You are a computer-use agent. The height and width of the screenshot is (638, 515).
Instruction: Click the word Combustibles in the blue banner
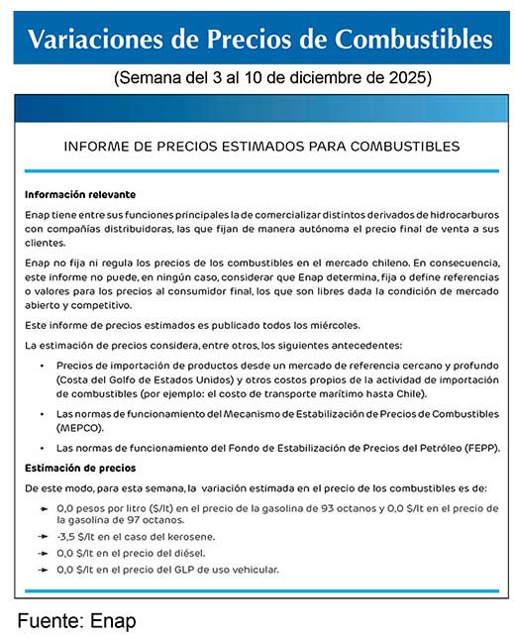click(x=412, y=39)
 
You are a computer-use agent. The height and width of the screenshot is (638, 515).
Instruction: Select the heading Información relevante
click(x=80, y=194)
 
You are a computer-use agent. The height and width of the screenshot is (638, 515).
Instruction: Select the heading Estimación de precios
click(x=81, y=467)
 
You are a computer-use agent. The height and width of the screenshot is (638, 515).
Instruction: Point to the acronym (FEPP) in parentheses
click(x=472, y=448)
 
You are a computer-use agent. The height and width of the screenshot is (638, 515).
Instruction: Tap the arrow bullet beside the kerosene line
click(x=44, y=536)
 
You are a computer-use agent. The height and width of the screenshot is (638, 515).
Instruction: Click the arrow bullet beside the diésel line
click(x=44, y=553)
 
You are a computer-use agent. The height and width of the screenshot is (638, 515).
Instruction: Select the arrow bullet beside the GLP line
click(x=44, y=570)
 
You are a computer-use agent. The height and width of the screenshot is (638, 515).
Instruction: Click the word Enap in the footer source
click(x=115, y=621)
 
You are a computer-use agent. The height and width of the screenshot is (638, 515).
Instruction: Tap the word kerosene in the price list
click(x=187, y=536)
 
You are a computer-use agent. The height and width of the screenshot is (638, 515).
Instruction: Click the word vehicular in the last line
click(x=252, y=570)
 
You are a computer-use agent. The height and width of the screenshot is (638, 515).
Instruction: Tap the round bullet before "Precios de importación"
click(x=44, y=366)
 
